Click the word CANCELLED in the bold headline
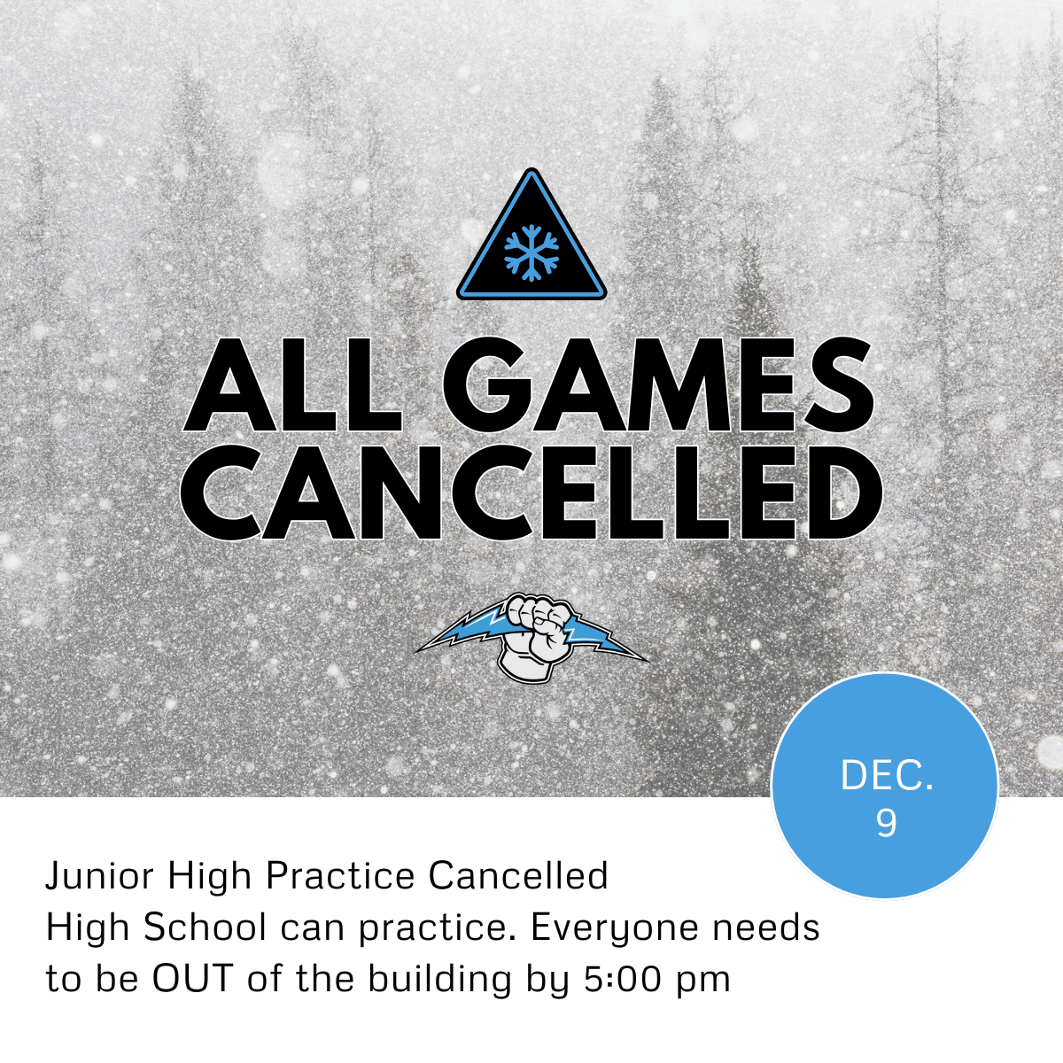pos(531,492)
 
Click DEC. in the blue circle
pos(887,776)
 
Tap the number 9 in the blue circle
pos(886,823)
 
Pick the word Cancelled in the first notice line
pos(518,876)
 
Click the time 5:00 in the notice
pos(619,979)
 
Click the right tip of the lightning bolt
pos(647,660)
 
